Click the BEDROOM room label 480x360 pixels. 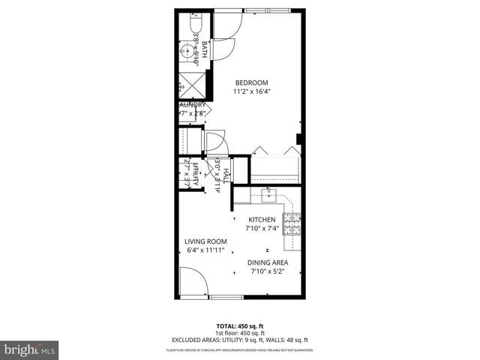[x=251, y=82]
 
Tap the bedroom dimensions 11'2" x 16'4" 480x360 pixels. [x=251, y=92]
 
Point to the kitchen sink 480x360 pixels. [x=270, y=196]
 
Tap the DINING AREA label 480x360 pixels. [x=268, y=262]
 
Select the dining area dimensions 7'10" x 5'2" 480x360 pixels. [x=268, y=272]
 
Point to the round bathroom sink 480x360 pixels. [x=186, y=52]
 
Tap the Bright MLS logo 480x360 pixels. [x=29, y=349]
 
